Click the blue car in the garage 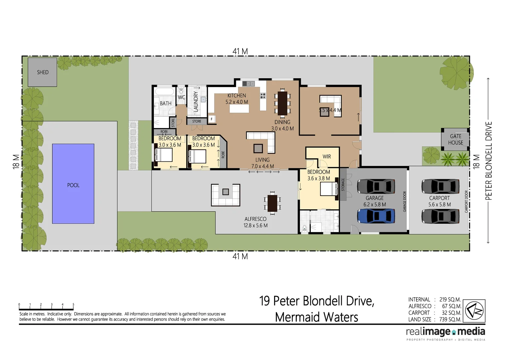tap(376, 216)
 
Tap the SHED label tap(43, 72)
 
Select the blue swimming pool tap(73, 184)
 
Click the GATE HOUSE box tap(455, 139)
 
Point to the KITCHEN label tap(237, 96)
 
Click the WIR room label tap(326, 156)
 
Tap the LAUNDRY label tap(196, 101)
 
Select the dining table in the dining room tap(282, 103)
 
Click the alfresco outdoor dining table tap(272, 203)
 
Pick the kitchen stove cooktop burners tap(263, 96)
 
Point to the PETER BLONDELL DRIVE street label tap(488, 161)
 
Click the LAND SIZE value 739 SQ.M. tap(450, 319)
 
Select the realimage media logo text tap(445, 332)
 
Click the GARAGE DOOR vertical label tap(405, 201)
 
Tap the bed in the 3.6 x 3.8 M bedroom tap(328, 189)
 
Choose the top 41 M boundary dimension tap(240, 51)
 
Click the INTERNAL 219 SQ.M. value tap(450, 299)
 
